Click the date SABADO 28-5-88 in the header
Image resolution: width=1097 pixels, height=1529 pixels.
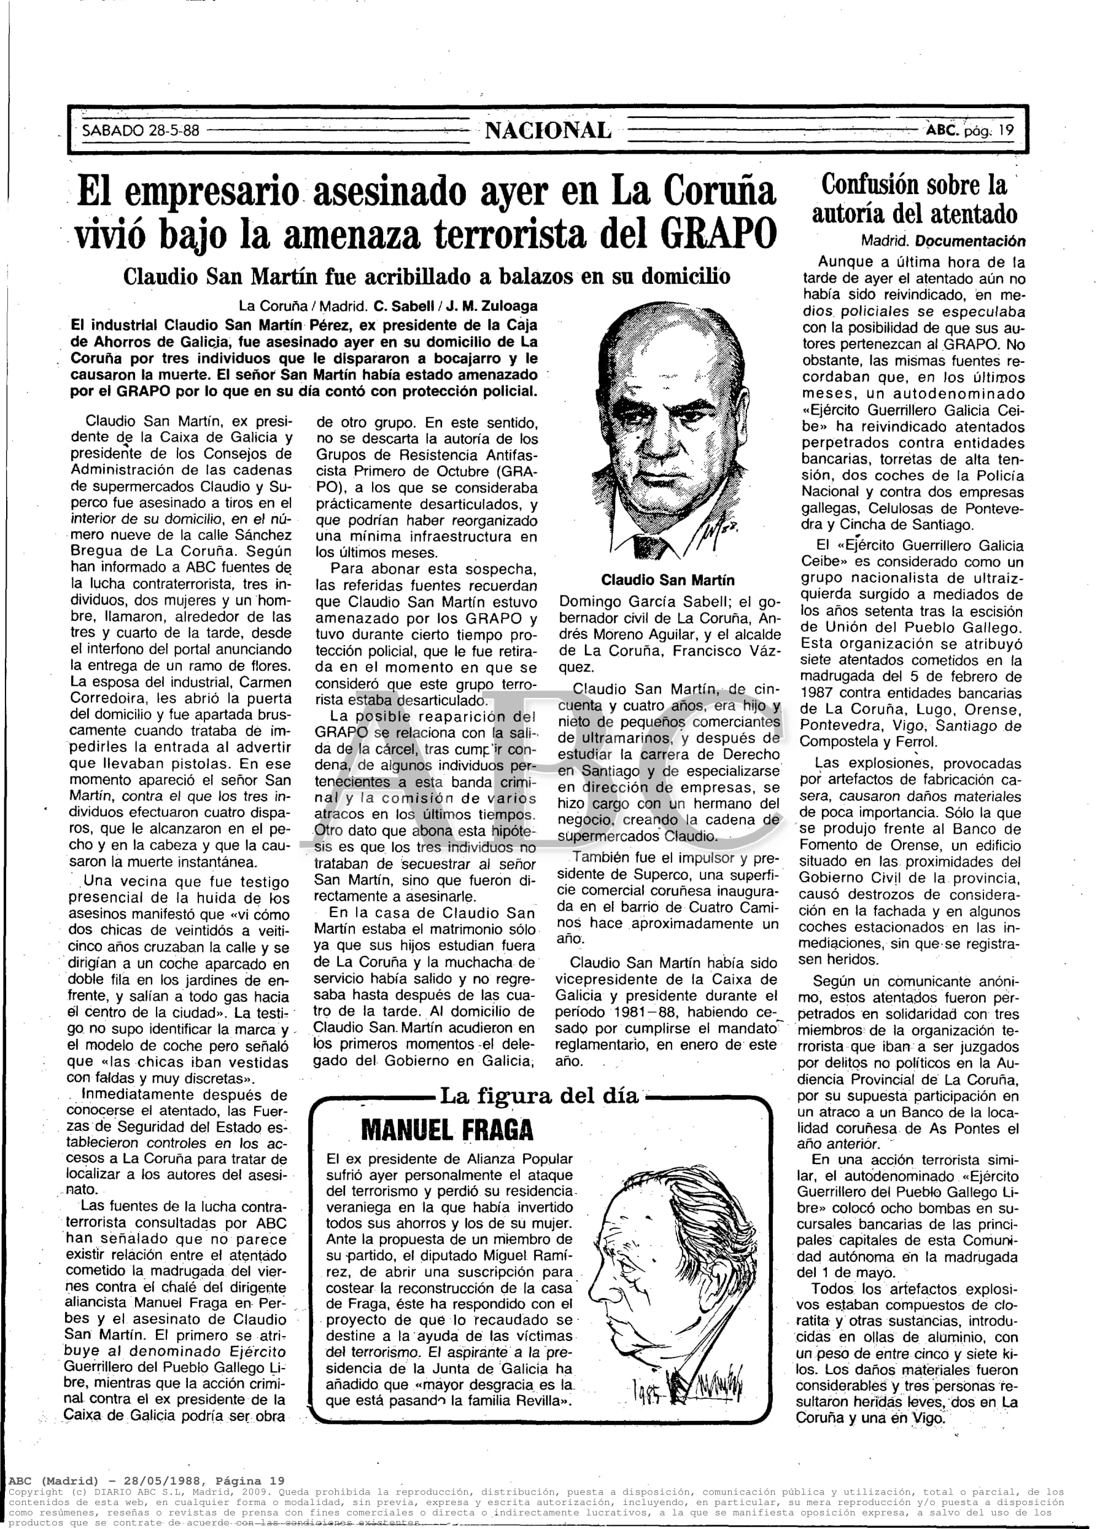(141, 130)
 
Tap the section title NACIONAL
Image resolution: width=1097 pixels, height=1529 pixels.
(548, 130)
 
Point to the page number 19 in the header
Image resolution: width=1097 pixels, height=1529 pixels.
(1006, 130)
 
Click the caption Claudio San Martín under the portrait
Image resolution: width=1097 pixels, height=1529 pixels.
(667, 580)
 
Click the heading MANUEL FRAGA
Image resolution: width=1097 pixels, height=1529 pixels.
(447, 1129)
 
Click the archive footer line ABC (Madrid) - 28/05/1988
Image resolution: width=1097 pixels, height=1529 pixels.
(147, 1476)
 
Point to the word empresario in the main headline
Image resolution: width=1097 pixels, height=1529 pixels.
(209, 192)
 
